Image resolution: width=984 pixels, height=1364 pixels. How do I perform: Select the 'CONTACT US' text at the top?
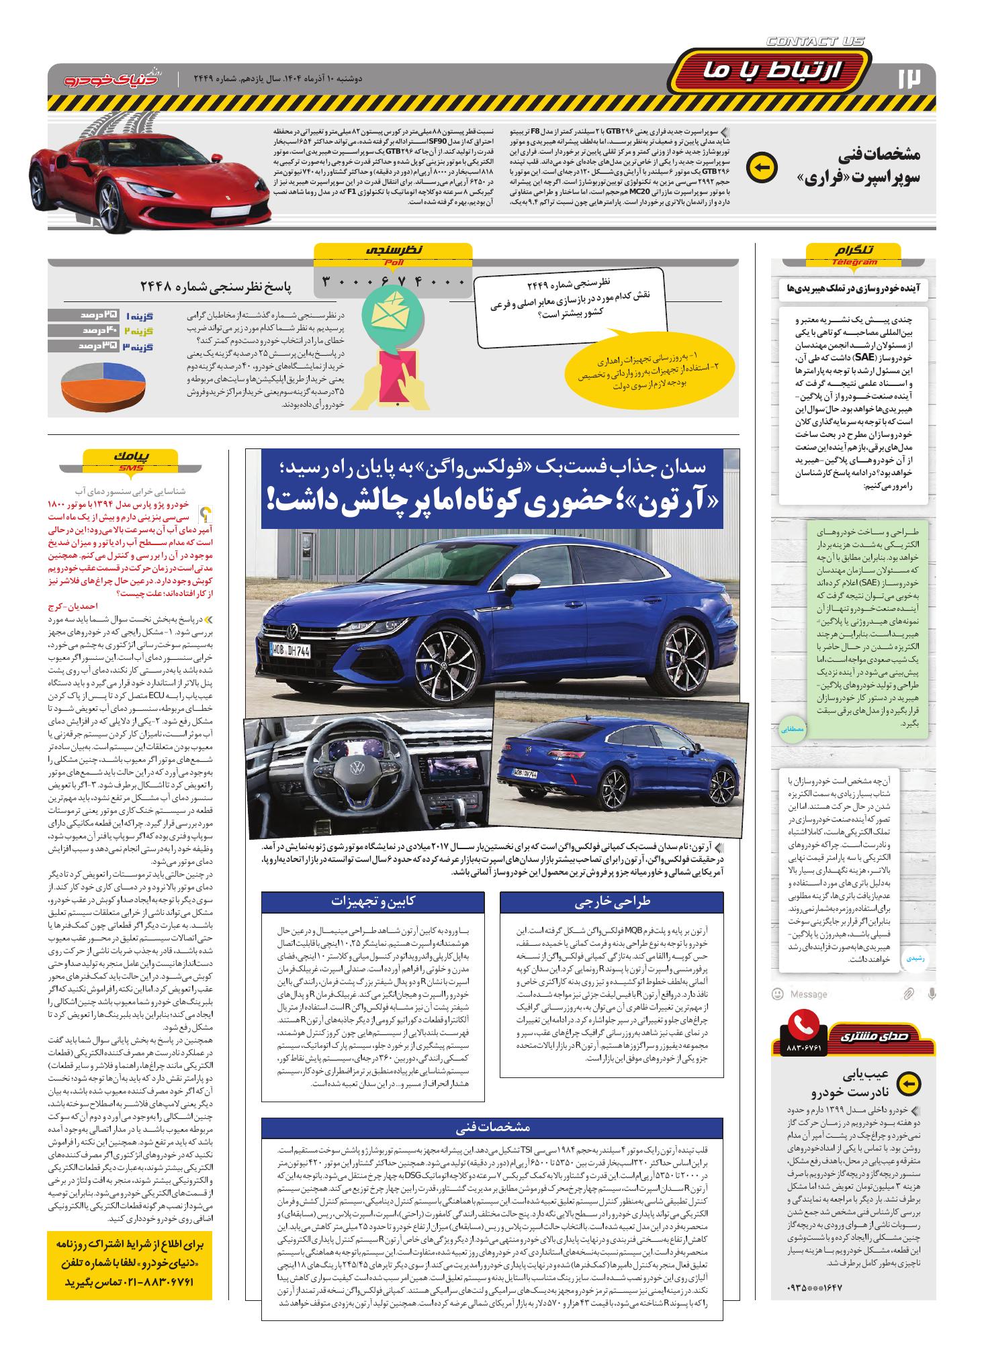click(x=815, y=42)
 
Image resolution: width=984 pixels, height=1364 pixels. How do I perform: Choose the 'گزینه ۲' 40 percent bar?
click(x=101, y=331)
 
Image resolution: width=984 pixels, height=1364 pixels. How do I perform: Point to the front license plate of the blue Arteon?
click(x=290, y=650)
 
